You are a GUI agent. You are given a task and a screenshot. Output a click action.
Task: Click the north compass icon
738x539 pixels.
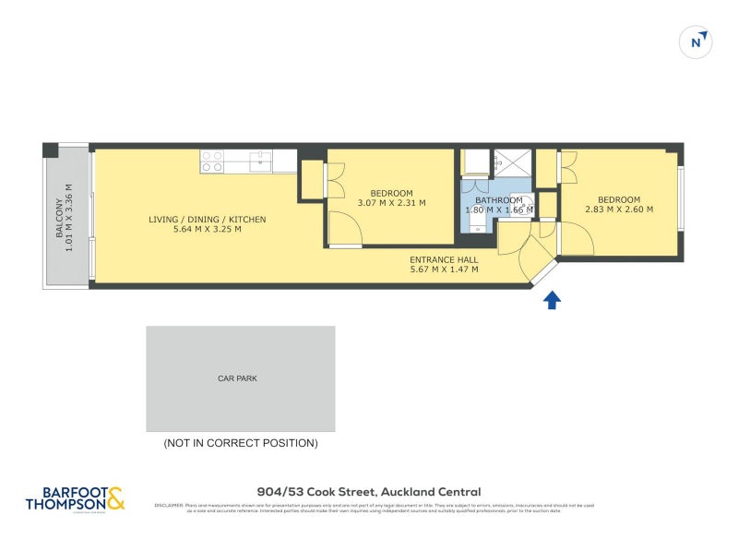(x=699, y=42)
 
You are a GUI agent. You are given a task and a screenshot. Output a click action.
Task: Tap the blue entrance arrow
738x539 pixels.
(x=552, y=300)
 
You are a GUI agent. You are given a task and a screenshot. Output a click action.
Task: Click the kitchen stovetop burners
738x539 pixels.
(x=212, y=162)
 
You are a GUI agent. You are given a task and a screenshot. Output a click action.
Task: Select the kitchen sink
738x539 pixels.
(x=260, y=162)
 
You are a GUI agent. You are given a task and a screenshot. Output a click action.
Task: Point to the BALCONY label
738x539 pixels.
(x=61, y=219)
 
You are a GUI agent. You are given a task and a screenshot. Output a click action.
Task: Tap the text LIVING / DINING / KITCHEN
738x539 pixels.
(x=208, y=220)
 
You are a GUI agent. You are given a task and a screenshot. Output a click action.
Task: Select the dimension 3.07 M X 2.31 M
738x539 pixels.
(x=391, y=203)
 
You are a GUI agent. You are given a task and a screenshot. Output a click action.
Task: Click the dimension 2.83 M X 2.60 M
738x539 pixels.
(x=618, y=210)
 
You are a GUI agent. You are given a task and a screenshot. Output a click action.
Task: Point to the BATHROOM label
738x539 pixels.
(x=498, y=200)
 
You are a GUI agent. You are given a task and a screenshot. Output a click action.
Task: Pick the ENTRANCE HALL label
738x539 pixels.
(x=444, y=259)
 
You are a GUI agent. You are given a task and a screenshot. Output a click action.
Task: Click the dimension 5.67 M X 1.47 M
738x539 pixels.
(x=444, y=269)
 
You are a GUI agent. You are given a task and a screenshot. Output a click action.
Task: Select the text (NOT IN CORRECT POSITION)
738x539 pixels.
(x=240, y=443)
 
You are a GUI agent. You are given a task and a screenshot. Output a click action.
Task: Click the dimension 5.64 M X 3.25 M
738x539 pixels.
(x=208, y=230)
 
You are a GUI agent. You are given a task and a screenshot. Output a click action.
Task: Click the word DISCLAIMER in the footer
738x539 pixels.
(x=169, y=505)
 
